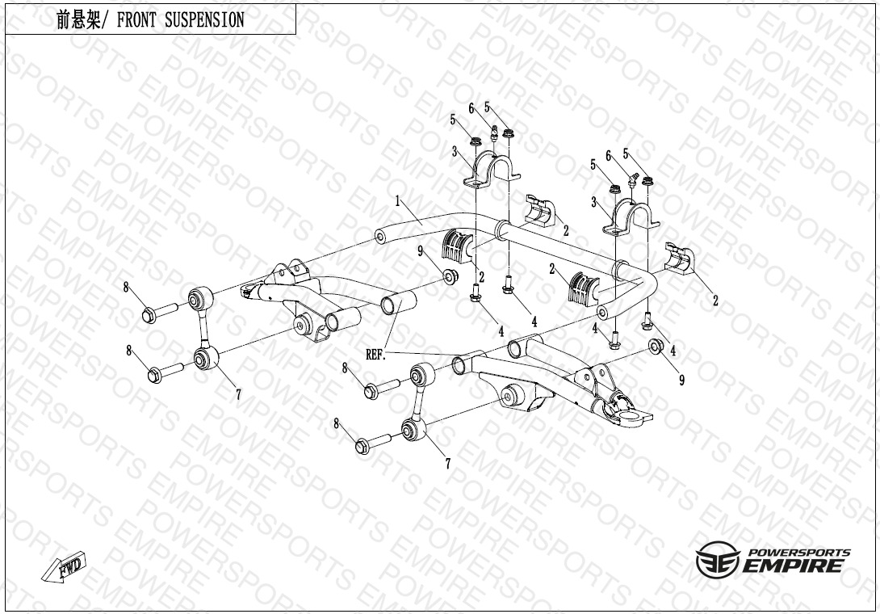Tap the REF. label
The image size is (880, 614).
click(376, 355)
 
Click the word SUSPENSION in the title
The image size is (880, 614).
click(205, 21)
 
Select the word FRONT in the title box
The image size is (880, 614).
click(137, 21)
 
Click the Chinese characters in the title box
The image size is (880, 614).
click(78, 21)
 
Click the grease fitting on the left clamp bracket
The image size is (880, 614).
click(493, 133)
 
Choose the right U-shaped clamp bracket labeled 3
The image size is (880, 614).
click(631, 218)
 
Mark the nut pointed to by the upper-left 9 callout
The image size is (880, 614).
click(450, 276)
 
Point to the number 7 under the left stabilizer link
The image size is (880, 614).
click(238, 395)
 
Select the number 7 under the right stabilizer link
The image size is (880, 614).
click(448, 464)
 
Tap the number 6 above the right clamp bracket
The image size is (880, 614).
click(608, 155)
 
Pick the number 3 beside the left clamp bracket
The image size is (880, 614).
click(455, 151)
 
